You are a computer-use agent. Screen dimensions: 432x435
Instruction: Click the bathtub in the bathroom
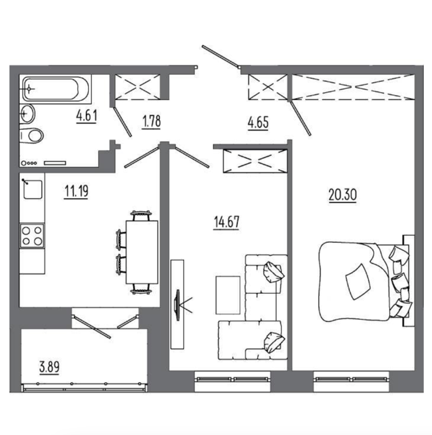click(x=55, y=89)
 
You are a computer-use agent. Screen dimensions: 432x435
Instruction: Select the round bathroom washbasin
click(x=27, y=114)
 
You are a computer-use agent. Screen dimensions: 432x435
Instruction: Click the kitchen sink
click(x=33, y=190)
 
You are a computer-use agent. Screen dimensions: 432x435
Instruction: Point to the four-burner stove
click(x=32, y=236)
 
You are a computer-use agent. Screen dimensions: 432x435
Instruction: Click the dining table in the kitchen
click(x=142, y=252)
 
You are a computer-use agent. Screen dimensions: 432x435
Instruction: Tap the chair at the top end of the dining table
click(x=141, y=216)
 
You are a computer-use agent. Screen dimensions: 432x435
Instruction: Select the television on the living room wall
click(x=177, y=304)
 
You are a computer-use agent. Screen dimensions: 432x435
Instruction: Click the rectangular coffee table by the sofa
click(x=227, y=295)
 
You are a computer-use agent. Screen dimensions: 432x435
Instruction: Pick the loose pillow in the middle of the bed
click(x=358, y=282)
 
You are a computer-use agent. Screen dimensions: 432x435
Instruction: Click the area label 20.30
click(x=342, y=195)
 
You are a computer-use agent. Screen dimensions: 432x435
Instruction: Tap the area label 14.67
click(x=227, y=222)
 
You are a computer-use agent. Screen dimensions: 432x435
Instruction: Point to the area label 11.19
click(x=76, y=191)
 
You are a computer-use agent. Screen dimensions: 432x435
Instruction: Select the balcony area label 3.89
click(x=49, y=367)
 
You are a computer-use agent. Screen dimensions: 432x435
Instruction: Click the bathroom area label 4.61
click(x=87, y=116)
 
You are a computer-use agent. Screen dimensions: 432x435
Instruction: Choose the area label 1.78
click(x=152, y=122)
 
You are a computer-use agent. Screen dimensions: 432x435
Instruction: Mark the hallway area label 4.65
click(x=259, y=122)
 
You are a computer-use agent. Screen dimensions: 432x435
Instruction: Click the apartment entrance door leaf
click(x=221, y=57)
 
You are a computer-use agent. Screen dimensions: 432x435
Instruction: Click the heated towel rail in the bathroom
click(x=55, y=163)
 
